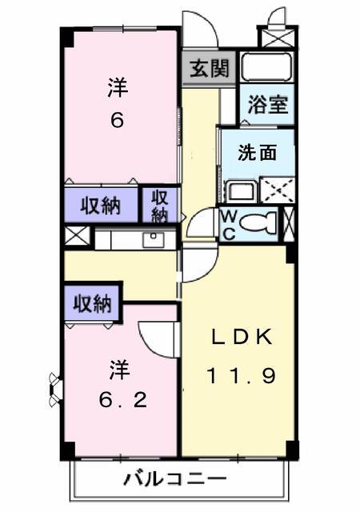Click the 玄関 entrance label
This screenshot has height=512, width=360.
(210, 68)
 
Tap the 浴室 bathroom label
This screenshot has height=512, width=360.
(267, 105)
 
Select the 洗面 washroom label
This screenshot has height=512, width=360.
(258, 153)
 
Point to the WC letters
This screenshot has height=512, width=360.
(229, 225)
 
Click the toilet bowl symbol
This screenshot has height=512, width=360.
(258, 223)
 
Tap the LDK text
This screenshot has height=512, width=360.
(242, 337)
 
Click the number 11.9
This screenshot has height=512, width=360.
(242, 375)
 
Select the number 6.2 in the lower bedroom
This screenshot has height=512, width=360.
(123, 400)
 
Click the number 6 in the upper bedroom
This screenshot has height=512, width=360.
(118, 121)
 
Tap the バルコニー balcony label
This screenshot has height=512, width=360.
(174, 479)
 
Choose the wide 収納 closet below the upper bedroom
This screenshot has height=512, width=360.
(101, 206)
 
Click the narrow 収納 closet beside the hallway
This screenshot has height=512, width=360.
(160, 206)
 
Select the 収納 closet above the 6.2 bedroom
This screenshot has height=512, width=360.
(93, 304)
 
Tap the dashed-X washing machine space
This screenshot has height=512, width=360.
(277, 190)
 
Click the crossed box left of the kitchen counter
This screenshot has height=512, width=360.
(77, 235)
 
